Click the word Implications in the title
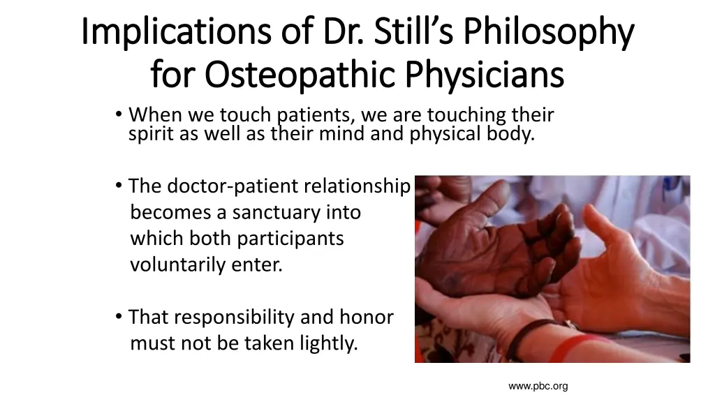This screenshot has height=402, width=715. (x=176, y=31)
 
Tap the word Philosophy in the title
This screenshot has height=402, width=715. (x=549, y=31)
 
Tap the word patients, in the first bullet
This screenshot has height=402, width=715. (x=316, y=115)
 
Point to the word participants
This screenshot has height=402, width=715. (x=290, y=239)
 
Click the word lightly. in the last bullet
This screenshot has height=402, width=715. (x=329, y=343)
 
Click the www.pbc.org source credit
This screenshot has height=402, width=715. (x=538, y=387)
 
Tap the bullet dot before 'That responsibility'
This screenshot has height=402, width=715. (x=119, y=316)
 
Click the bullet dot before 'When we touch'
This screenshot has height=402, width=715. (x=119, y=114)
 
